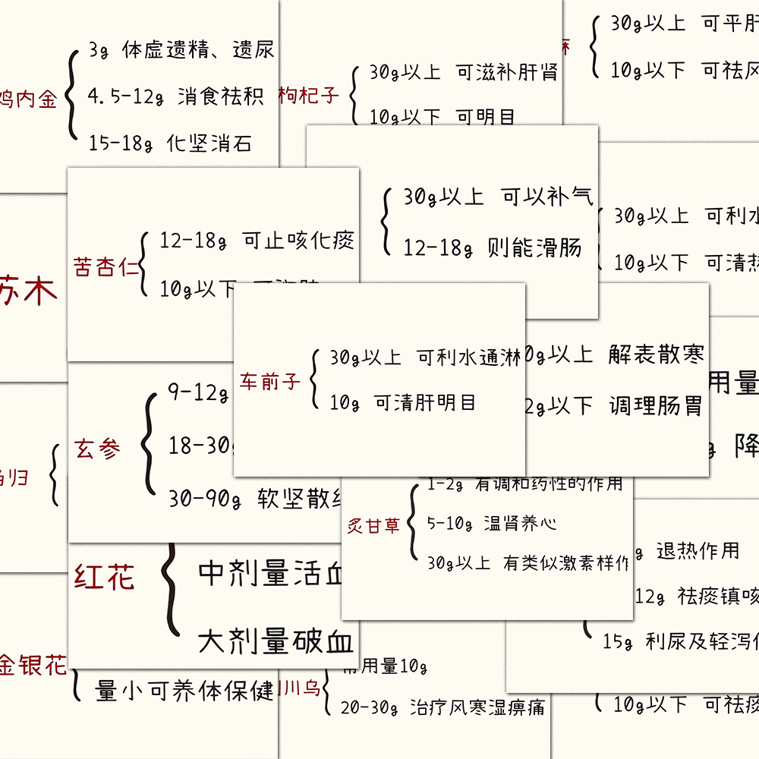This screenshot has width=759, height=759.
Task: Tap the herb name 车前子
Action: pos(270,381)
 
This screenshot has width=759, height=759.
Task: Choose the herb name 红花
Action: pos(104,578)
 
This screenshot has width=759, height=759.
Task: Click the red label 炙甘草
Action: pos(373,525)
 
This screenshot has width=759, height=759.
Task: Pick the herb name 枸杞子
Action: pos(308,96)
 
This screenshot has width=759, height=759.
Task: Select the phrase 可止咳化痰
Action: pos(298,241)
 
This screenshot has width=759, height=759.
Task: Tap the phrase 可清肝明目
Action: pos(425,403)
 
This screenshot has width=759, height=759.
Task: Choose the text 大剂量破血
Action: pos(276,643)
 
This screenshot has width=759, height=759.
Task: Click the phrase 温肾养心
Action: pos(520,524)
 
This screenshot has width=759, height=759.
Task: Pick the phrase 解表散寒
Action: pos(657,354)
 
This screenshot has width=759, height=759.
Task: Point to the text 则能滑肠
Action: pos(535,247)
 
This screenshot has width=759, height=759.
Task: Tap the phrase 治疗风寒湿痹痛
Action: pos(477,708)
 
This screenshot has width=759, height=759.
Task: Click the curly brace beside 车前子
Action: pos(315,379)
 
